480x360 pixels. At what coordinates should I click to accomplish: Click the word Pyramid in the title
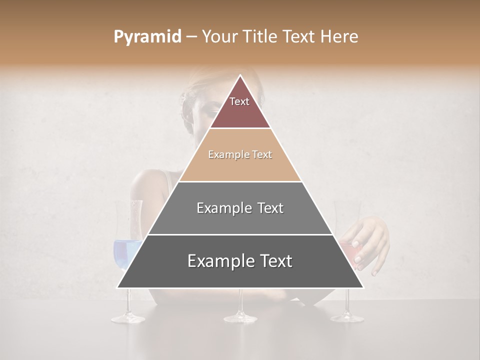coord(147,37)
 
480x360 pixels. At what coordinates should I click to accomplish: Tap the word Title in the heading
coord(261,37)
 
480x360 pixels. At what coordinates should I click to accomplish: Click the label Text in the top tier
coord(239,101)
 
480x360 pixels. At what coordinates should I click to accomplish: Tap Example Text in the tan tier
coord(240,154)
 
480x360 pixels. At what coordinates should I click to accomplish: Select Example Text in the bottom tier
coord(240,261)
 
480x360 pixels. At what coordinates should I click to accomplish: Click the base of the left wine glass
coord(127,317)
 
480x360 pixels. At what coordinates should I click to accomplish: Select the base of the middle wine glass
coord(240,317)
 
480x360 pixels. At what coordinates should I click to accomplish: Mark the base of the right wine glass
coord(346,316)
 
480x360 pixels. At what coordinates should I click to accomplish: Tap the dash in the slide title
coord(191,37)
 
